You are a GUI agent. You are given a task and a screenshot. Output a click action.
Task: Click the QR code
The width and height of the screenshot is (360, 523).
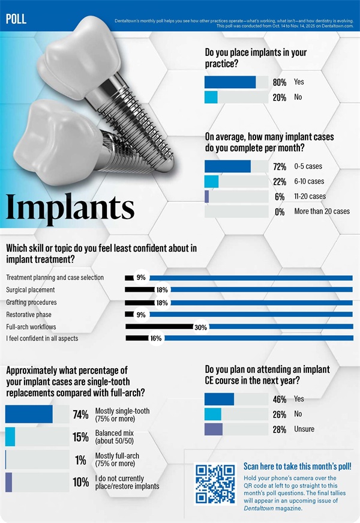215,484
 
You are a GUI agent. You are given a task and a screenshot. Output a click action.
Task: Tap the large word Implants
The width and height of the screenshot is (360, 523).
70,207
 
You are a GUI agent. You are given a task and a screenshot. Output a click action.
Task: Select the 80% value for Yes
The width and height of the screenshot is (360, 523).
279,82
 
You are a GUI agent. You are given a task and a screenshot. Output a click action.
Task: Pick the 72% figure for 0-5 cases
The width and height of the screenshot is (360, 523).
279,166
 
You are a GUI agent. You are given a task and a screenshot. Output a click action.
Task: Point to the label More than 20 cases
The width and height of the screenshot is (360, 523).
322,211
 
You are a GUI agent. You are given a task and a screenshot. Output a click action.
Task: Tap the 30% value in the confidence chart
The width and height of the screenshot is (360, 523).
200,327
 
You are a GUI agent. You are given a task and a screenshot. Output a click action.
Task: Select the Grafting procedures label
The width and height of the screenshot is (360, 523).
32,302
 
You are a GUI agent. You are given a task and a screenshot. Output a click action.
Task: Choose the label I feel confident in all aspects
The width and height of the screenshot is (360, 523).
42,339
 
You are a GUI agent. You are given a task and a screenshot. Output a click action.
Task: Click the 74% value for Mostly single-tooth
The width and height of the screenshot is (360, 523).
80,415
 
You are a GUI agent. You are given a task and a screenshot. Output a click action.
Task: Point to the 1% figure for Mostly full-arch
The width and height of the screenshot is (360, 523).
80,459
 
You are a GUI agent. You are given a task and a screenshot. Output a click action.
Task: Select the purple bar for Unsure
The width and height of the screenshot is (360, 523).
214,429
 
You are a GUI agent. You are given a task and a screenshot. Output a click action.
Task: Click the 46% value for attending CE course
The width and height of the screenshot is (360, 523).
279,399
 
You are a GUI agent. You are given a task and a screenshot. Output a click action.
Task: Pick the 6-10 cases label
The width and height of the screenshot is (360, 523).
309,181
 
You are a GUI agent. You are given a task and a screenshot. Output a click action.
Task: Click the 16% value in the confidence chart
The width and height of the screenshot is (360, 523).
156,339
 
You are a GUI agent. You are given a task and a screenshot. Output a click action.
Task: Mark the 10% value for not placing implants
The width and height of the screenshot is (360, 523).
80,482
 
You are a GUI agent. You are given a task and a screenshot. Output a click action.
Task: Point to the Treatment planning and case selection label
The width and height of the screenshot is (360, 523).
55,277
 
